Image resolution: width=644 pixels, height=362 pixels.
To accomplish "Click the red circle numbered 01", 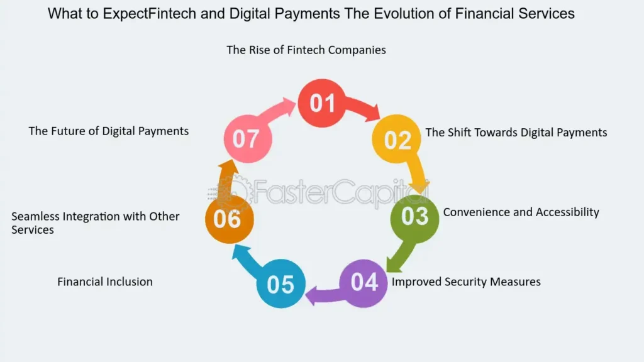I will pyautogui.click(x=322, y=102).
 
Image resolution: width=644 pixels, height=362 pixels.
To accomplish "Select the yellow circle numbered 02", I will pyautogui.click(x=397, y=139).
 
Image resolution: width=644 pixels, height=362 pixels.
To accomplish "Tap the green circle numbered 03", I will pyautogui.click(x=414, y=216).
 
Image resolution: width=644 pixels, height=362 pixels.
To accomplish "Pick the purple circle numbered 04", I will pyautogui.click(x=364, y=283).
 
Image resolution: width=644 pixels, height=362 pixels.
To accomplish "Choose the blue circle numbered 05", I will pyautogui.click(x=280, y=284).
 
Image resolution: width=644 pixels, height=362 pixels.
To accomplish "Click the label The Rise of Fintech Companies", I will pyautogui.click(x=306, y=50).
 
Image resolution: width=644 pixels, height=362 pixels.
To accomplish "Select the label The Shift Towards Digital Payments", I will pyautogui.click(x=516, y=132).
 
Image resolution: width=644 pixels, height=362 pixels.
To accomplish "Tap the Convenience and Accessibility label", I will pyautogui.click(x=521, y=212).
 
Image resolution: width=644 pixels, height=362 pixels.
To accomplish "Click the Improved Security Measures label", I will pyautogui.click(x=466, y=282).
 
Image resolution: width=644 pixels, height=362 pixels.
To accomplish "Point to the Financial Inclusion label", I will pyautogui.click(x=105, y=282).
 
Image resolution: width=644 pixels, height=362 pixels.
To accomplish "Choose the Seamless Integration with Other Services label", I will pyautogui.click(x=96, y=222).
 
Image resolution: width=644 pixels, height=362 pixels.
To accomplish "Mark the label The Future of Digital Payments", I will pyautogui.click(x=108, y=131).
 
